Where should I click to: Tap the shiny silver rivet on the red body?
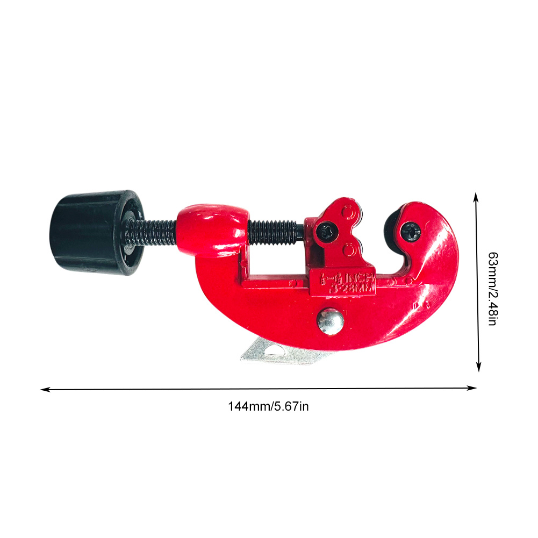click(x=330, y=321)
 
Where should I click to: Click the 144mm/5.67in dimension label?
click(x=268, y=406)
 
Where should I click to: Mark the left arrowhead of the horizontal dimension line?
click(x=43, y=389)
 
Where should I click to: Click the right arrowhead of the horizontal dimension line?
click(x=475, y=388)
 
